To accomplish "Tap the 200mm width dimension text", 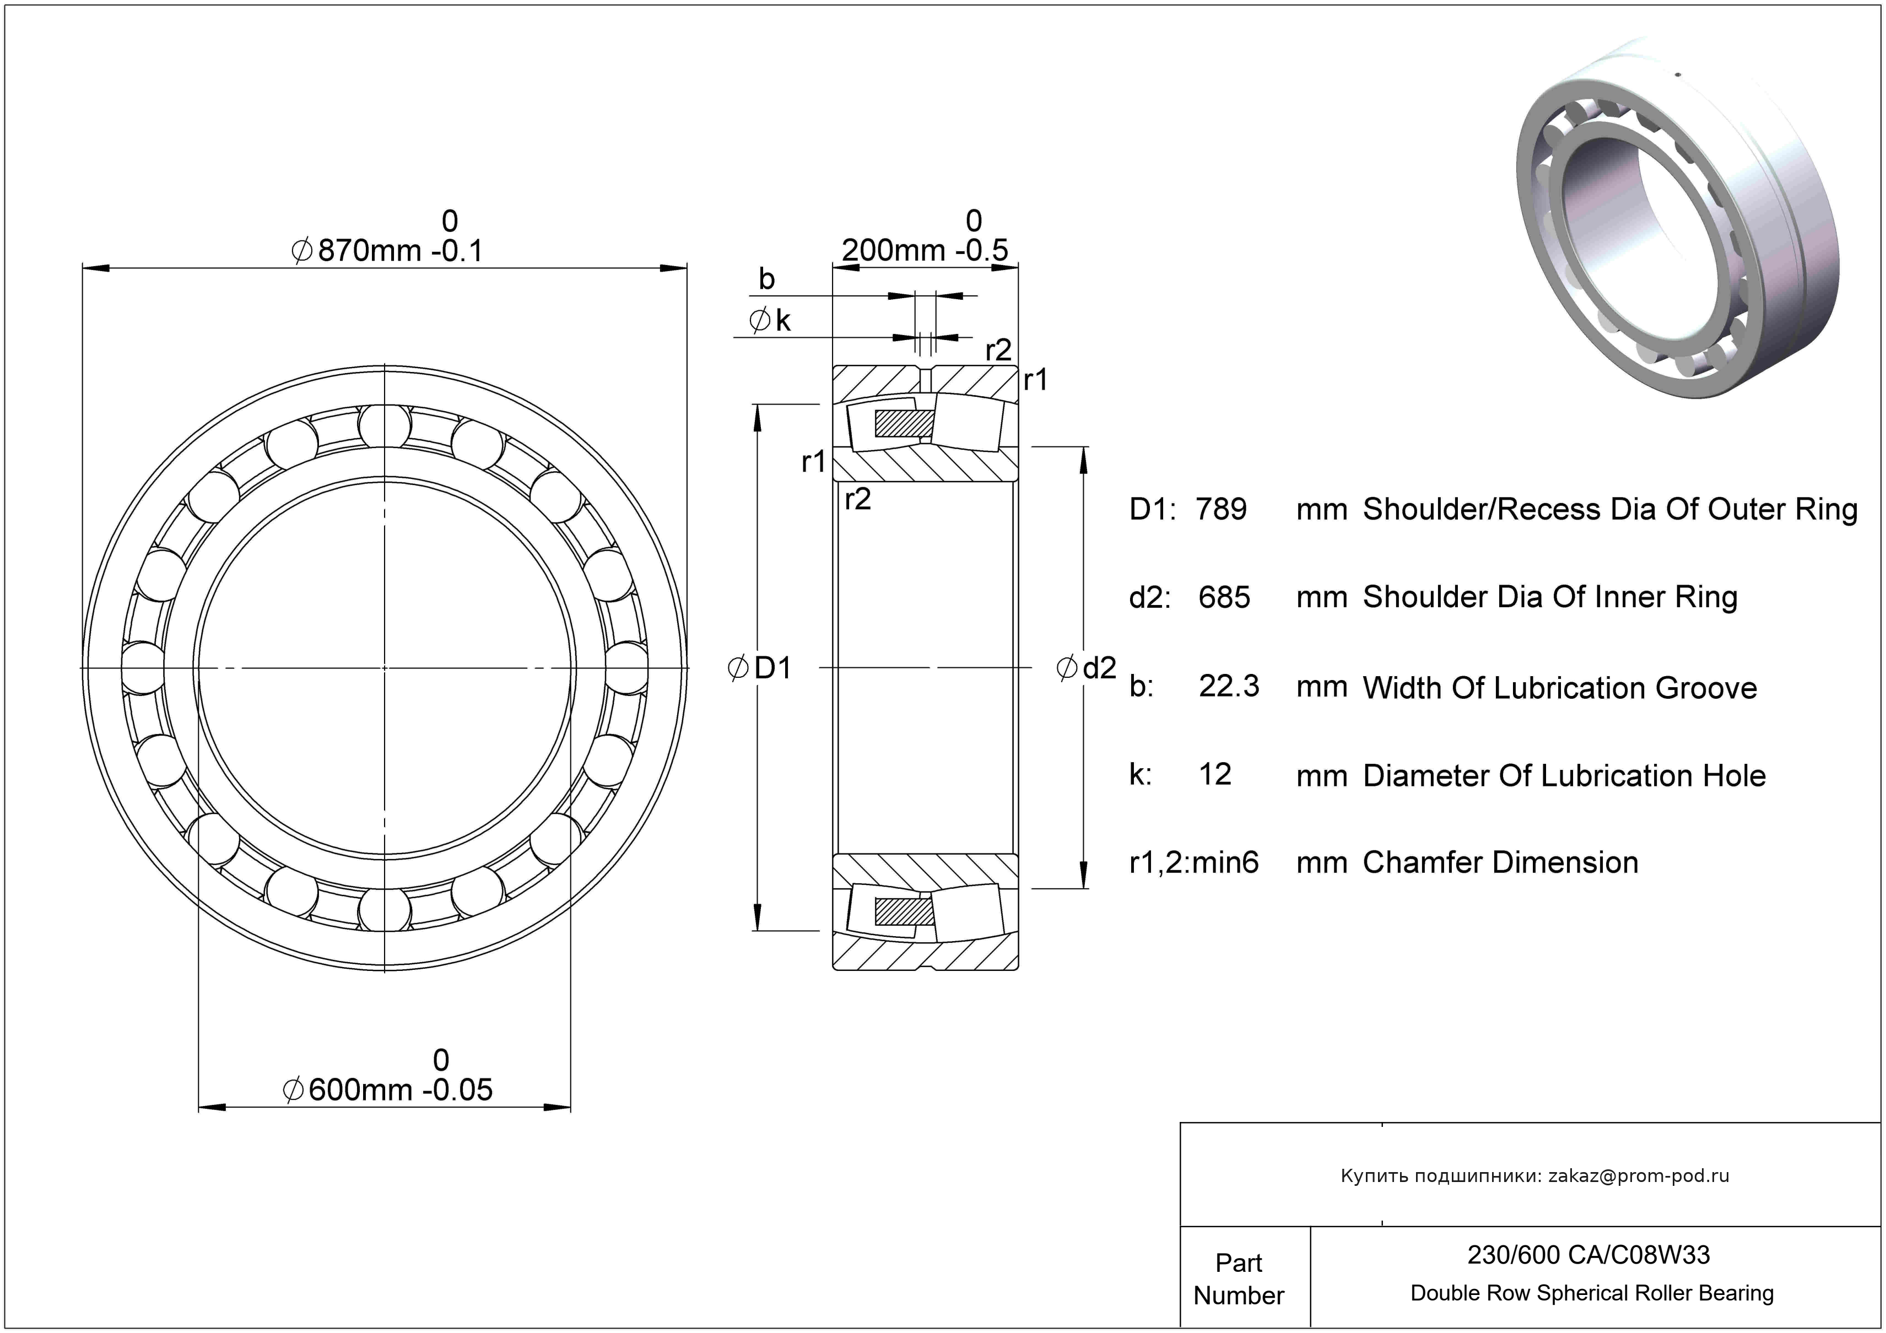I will pyautogui.click(x=924, y=250).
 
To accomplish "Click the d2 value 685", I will pyautogui.click(x=1224, y=597).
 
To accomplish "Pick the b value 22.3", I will pyautogui.click(x=1228, y=686).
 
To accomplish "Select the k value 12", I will pyautogui.click(x=1215, y=774).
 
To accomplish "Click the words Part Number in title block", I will pyautogui.click(x=1238, y=1279).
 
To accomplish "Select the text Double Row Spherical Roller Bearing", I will pyautogui.click(x=1592, y=1293).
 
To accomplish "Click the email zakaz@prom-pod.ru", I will pyautogui.click(x=1638, y=1176).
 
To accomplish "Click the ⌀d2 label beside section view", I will pyautogui.click(x=1086, y=668).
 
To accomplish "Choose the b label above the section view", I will pyautogui.click(x=766, y=279).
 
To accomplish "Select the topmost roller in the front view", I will pyautogui.click(x=385, y=427).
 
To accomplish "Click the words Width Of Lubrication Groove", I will pyautogui.click(x=1559, y=688).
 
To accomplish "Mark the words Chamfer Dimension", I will pyautogui.click(x=1500, y=862).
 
